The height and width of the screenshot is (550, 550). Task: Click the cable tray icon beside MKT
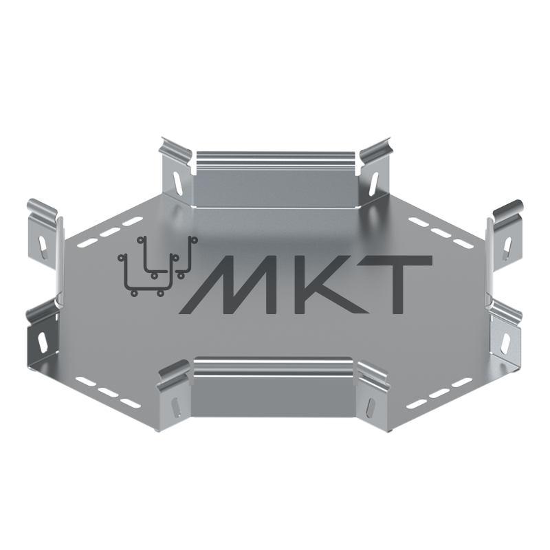pyautogui.click(x=157, y=265)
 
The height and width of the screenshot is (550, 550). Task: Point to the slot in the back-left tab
pyautogui.click(x=179, y=182)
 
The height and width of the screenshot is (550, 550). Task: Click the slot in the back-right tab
pyautogui.click(x=374, y=182)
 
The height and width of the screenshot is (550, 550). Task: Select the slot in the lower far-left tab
pyautogui.click(x=42, y=341)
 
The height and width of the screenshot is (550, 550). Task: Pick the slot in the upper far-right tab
pyautogui.click(x=507, y=247)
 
